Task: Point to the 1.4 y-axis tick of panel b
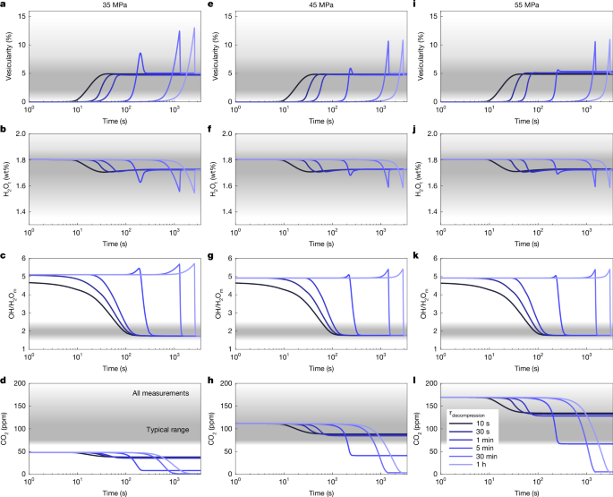20,211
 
